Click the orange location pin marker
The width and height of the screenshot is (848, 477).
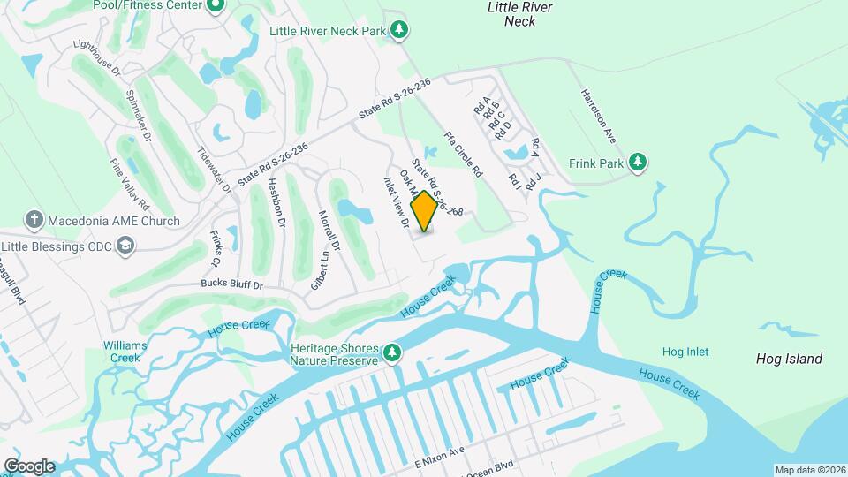(424, 210)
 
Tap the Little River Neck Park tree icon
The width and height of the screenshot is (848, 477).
(400, 31)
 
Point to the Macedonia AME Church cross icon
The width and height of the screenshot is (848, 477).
(34, 221)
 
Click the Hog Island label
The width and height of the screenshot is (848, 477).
(789, 359)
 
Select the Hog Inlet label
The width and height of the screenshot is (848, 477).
(685, 352)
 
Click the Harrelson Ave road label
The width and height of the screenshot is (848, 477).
(598, 116)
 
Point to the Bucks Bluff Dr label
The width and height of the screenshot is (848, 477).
(233, 285)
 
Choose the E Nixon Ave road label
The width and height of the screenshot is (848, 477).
(438, 451)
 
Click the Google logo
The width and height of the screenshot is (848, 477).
(29, 466)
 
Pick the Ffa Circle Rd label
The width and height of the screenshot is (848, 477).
(463, 153)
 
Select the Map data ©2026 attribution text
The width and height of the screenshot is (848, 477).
(810, 470)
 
